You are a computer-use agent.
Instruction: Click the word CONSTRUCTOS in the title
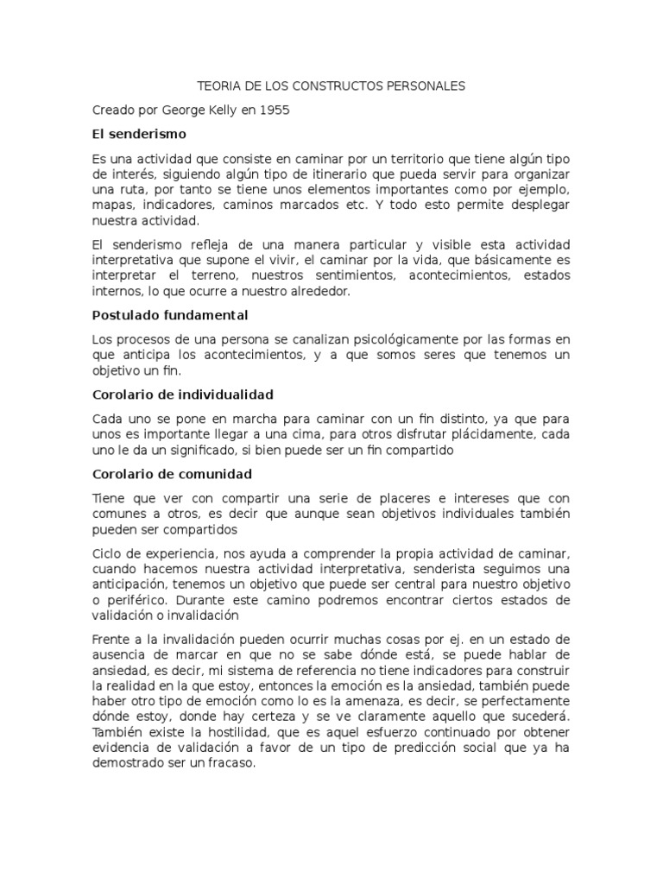point(325,86)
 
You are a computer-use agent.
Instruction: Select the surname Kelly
point(218,110)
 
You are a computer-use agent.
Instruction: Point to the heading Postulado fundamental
point(170,315)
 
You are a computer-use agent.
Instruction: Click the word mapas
point(113,205)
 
